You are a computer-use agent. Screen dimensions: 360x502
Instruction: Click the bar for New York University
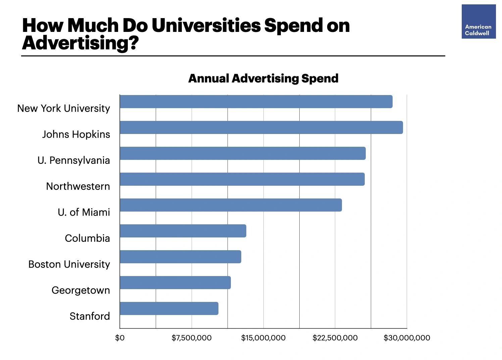coord(256,102)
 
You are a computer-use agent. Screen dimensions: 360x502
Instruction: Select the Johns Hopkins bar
coord(261,128)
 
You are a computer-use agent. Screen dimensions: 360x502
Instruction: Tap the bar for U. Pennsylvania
coord(243,153)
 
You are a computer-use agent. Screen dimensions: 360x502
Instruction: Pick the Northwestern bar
coord(242,179)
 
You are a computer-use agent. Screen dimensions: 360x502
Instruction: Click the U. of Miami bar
coord(231,205)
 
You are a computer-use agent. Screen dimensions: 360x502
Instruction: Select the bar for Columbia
coord(183,231)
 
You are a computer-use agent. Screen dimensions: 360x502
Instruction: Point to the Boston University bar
coord(180,257)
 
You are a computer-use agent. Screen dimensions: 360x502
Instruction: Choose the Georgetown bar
coord(175,283)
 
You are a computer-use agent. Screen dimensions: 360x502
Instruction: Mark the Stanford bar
coord(169,309)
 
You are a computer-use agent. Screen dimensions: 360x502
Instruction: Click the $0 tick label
coord(120,338)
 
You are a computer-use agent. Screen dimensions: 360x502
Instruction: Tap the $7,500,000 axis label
coord(192,338)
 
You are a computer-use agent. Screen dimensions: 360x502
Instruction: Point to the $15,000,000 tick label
coord(263,338)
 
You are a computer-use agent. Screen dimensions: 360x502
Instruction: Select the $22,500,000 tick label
coord(335,338)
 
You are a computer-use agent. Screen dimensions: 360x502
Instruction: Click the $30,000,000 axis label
coord(407,338)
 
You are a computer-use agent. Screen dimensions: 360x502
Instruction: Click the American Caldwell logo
coord(479,22)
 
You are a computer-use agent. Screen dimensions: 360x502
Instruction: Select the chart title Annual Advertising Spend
coord(263,78)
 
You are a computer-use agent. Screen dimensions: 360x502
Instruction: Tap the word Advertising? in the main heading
coord(80,43)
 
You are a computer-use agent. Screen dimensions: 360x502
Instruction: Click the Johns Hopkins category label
coord(76,134)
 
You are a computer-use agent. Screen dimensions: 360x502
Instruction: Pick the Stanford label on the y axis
coord(90,316)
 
